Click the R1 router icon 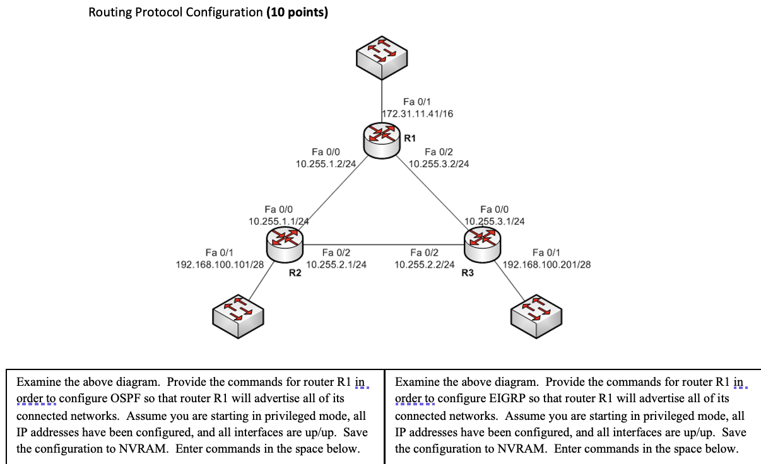382,137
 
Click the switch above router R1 382,57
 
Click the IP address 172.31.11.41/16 418,114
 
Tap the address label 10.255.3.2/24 439,164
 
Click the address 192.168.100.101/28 219,265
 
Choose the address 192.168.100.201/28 546,265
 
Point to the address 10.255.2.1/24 336,265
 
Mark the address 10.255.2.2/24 424,265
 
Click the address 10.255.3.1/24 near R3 495,221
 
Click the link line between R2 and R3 384,245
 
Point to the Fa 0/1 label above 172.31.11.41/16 416,101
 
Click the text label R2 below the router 295,274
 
